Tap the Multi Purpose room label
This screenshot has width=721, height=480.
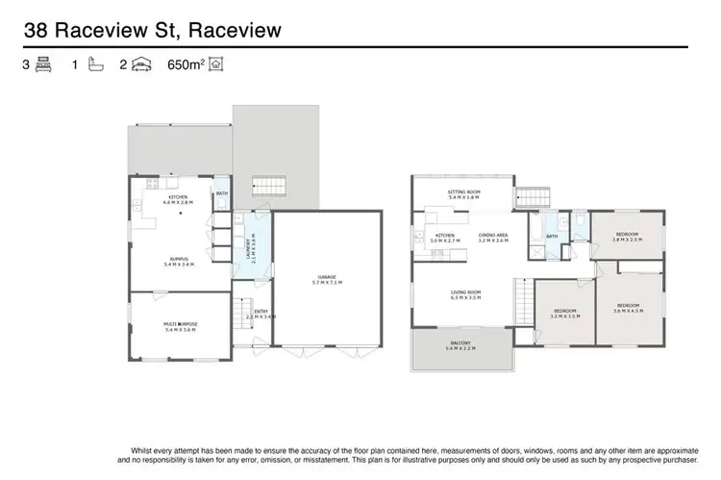(x=181, y=327)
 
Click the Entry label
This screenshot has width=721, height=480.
(x=261, y=314)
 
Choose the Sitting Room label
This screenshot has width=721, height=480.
(x=463, y=194)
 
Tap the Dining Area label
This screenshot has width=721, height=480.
(x=493, y=238)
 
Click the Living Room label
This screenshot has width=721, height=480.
(x=465, y=296)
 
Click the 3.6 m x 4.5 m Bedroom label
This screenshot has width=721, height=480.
(x=630, y=308)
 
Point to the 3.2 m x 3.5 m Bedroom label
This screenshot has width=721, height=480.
(x=564, y=313)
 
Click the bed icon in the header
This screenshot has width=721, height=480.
(x=43, y=65)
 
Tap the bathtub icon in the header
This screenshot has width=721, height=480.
(x=93, y=65)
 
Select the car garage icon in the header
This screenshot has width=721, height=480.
(x=141, y=65)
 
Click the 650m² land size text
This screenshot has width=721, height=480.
(x=186, y=65)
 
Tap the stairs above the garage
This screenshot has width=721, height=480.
(x=269, y=186)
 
